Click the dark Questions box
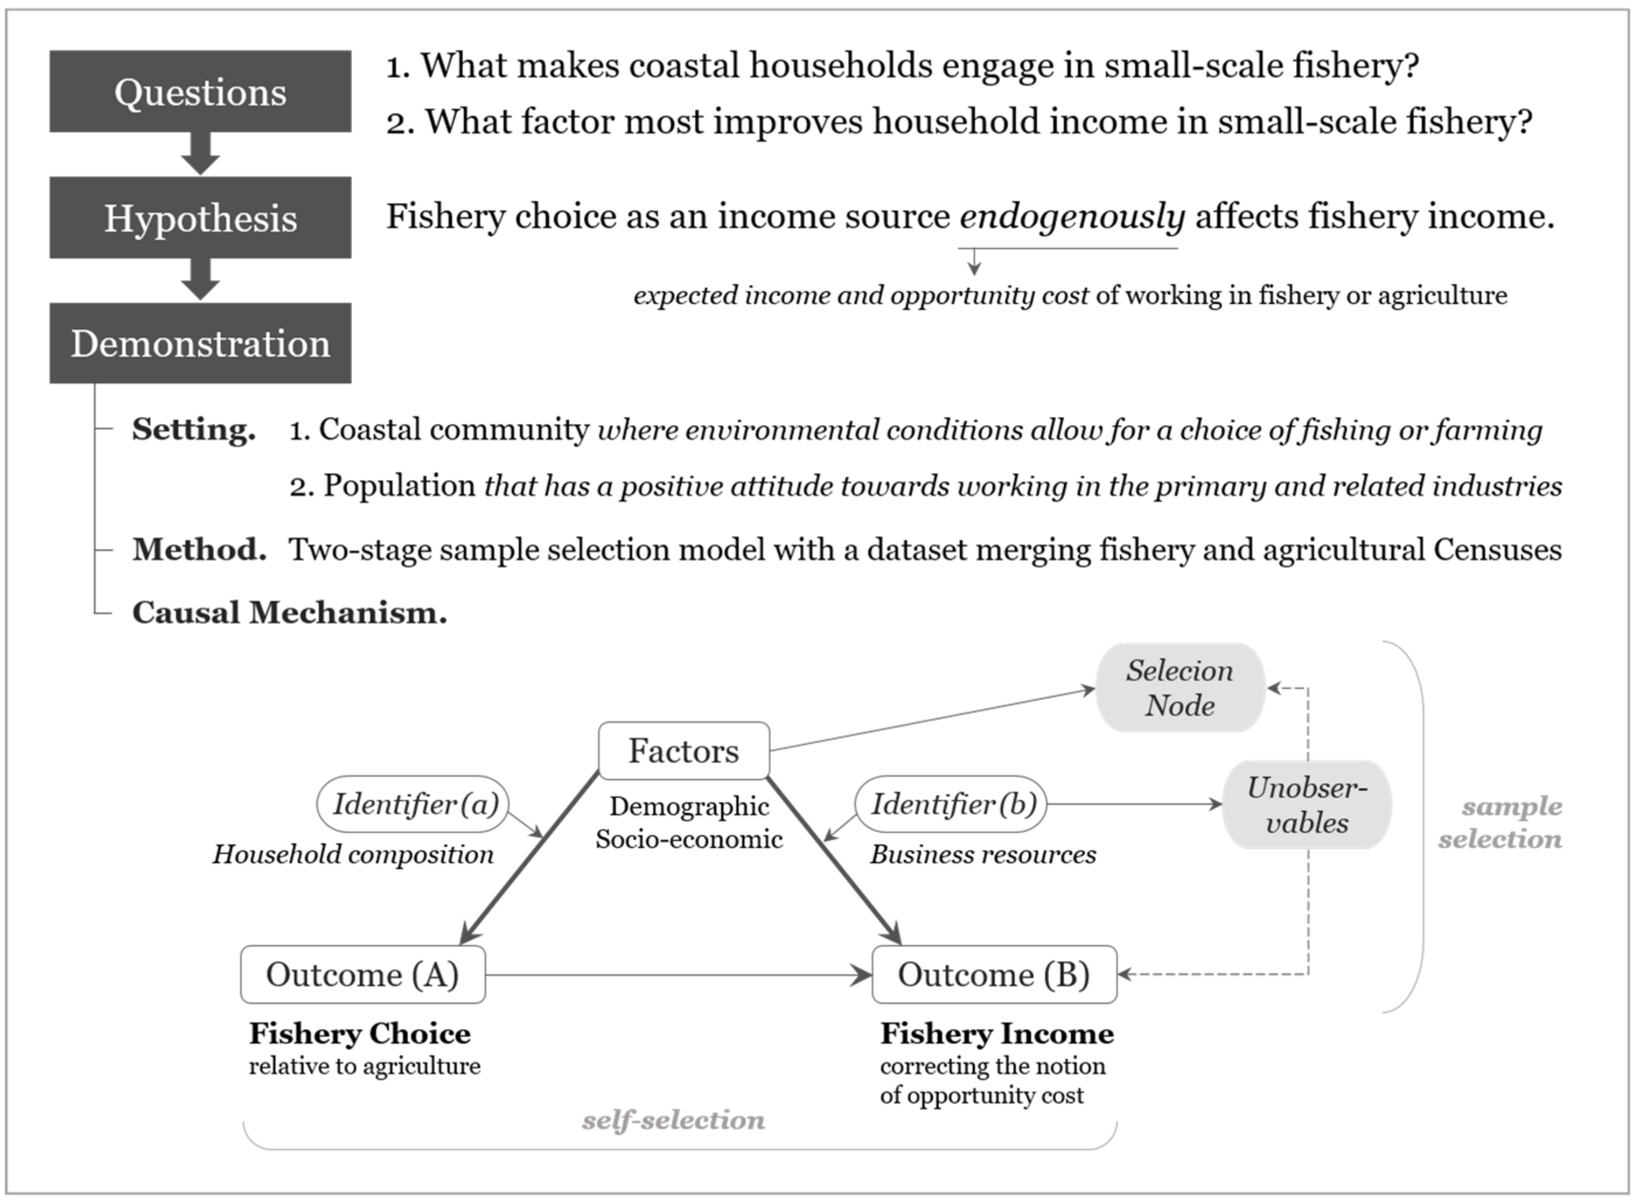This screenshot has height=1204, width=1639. coord(200,92)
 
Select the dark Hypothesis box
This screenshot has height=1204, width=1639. coord(200,217)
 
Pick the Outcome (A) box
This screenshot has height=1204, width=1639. coord(362,975)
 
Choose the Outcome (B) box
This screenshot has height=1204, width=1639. coord(993,975)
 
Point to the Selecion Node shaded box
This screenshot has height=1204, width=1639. coord(1179,687)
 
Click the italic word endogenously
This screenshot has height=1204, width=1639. coord(1071,216)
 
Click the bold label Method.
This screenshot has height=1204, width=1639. coord(199,549)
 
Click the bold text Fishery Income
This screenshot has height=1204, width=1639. coord(996,1033)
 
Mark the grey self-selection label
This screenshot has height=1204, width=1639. coord(673,1120)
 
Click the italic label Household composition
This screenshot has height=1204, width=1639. coord(353,854)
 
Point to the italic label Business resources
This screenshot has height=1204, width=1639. coord(982,854)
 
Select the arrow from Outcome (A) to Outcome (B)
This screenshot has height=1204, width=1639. coord(678,975)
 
